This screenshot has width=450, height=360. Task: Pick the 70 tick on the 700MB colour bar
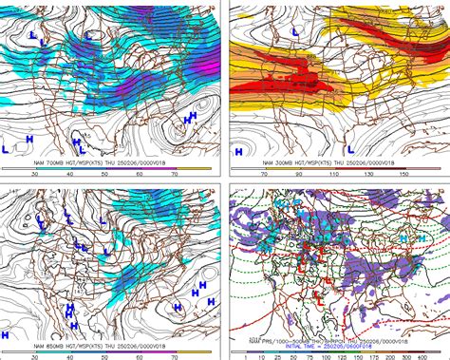(174, 173)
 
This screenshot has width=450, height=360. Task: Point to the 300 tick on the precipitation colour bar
(413, 355)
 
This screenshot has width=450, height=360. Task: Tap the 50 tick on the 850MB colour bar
(104, 355)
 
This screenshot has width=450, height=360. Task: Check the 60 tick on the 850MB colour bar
(139, 355)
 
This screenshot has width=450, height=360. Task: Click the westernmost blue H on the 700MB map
(29, 139)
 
